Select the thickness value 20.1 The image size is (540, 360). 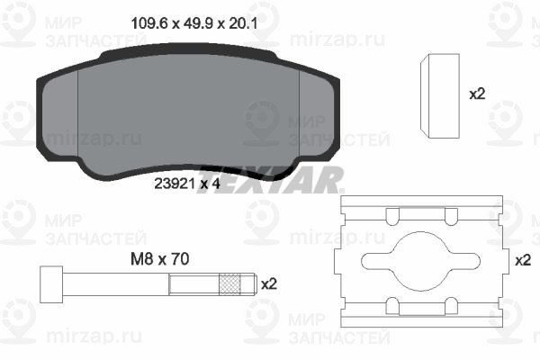pyautogui.click(x=244, y=23)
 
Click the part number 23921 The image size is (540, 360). pyautogui.click(x=175, y=184)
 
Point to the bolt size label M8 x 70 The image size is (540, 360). pyautogui.click(x=160, y=258)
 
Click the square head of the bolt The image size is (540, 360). pyautogui.click(x=51, y=284)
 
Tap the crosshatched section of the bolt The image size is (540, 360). pyautogui.click(x=229, y=284)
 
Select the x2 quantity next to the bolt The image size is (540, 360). pyautogui.click(x=269, y=283)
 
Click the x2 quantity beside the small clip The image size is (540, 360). pyautogui.click(x=477, y=94)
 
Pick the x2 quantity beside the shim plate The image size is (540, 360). pyautogui.click(x=523, y=260)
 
